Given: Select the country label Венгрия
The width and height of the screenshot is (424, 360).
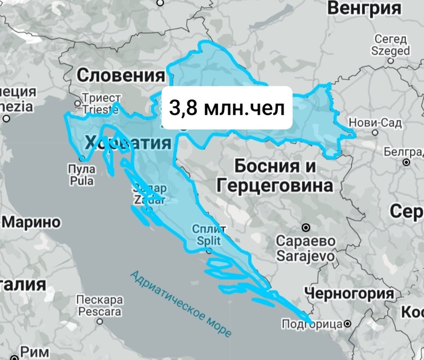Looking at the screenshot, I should [364, 8].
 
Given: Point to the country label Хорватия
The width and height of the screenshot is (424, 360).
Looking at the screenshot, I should [128, 143].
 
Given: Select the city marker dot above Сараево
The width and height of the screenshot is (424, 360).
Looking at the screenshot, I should [306, 227].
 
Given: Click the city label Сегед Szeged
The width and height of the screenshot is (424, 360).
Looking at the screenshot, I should [391, 45].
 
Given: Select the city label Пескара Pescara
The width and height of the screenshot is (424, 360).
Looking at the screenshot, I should [99, 306].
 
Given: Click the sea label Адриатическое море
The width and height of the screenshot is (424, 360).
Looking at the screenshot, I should [181, 303].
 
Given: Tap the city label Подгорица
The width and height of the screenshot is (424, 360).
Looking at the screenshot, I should [313, 324].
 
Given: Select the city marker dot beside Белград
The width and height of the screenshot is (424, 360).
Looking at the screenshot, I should [405, 162].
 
